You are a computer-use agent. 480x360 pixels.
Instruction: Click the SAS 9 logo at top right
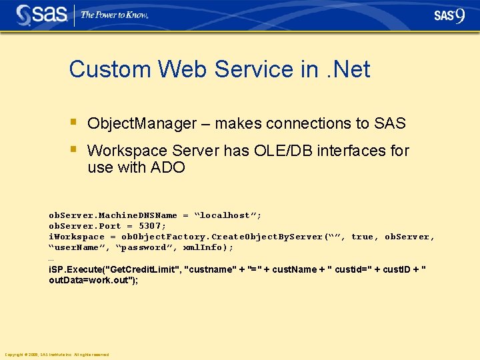pos(449,15)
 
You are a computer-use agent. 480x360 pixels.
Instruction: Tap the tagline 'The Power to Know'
pos(114,15)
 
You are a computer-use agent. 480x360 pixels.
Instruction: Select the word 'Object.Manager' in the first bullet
pos(142,123)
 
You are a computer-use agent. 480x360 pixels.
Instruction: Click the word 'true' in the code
pos(362,237)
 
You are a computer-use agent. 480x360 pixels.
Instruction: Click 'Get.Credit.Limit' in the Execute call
pos(144,269)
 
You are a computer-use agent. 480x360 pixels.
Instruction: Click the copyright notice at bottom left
pos(57,354)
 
